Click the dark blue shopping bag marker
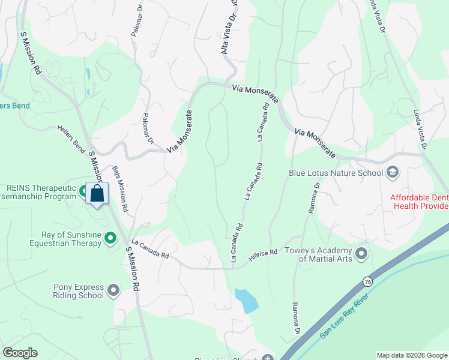pos(97,194)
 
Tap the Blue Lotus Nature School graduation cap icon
pos(393,173)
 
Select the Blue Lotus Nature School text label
pos(336,173)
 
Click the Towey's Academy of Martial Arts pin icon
pos(361,254)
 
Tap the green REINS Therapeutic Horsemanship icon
pos(83,191)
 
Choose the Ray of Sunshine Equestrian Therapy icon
pos(110,239)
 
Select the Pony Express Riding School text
pos(79,292)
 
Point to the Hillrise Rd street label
pos(264,256)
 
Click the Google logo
pos(20,353)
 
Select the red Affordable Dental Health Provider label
pos(420,202)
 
